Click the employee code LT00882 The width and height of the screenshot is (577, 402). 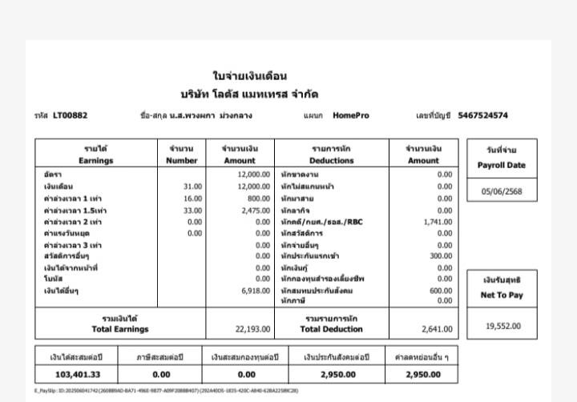coord(71,115)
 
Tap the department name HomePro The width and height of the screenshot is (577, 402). coord(351,115)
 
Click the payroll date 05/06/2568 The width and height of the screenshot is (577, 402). coord(502,192)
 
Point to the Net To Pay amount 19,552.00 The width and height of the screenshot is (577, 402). coord(503,326)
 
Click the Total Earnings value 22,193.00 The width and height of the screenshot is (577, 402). coord(252,328)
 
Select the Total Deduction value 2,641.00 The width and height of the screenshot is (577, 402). coord(436,328)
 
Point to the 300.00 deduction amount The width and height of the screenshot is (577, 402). coord(441,256)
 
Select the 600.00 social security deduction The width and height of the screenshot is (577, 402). coord(441,291)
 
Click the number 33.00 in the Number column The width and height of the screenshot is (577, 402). coord(192,210)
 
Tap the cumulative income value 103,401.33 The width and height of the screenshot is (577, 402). coord(77,374)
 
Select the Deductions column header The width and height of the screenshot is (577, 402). coord(332,155)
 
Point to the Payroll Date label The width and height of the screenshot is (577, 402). coord(502,165)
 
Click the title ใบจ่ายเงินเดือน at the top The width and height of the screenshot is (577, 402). coord(249,77)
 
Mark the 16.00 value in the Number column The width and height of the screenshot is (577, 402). coord(192,198)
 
